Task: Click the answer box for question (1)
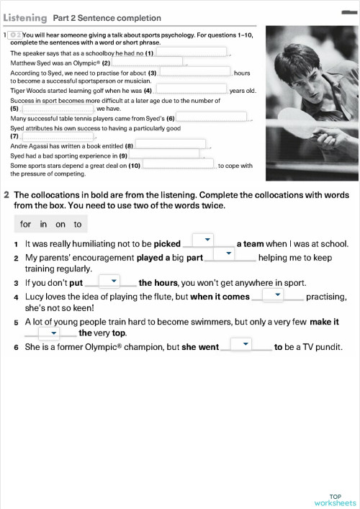(x=192, y=53)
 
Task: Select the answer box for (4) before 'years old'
(x=191, y=90)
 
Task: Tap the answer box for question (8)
(x=170, y=145)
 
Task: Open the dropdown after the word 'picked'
(x=207, y=240)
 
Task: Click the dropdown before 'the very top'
(x=49, y=333)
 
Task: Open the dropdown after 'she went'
(x=246, y=345)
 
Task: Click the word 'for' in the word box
(x=26, y=225)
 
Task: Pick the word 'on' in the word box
(x=60, y=225)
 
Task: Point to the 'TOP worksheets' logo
(x=336, y=499)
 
